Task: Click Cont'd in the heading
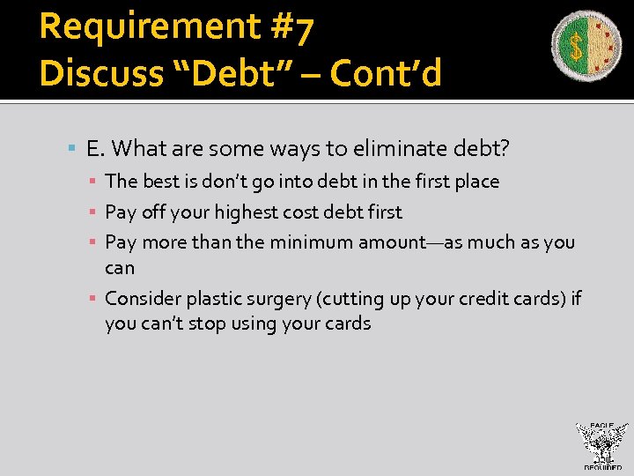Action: pos(385,74)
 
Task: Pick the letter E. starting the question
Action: pos(95,148)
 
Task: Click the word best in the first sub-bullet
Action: pos(159,182)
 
